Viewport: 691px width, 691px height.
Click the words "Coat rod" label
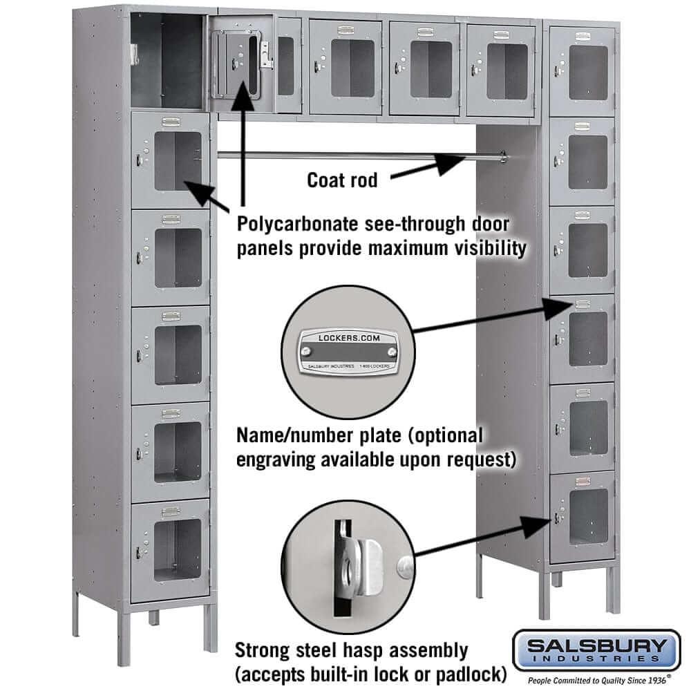tap(342, 180)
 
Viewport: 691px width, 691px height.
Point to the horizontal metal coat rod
tap(345, 155)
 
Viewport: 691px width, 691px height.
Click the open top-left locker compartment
tap(167, 61)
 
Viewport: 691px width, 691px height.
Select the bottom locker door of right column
tap(582, 516)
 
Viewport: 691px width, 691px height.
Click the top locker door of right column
tap(582, 70)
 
